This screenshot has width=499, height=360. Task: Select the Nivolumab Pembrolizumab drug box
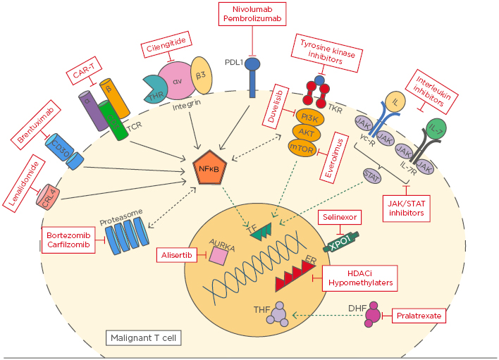[x=252, y=15]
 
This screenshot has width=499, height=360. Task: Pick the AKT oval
[x=307, y=132]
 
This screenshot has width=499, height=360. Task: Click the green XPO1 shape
[x=344, y=242]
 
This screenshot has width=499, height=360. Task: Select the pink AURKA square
[x=219, y=257]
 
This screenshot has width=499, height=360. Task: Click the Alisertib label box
[x=178, y=256]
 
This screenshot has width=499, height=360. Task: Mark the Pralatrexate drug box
[x=418, y=316]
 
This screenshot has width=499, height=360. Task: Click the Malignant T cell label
[x=144, y=338]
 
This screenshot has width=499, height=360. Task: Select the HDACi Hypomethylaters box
[x=359, y=277]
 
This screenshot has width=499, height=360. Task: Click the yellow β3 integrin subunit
[x=200, y=78]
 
